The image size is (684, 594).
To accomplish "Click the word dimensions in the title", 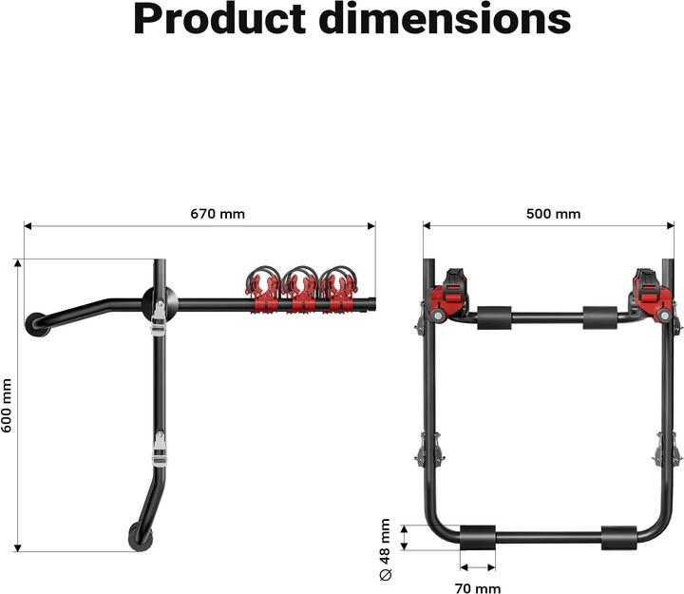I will (450, 19).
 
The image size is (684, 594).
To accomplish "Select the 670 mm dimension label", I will (218, 214).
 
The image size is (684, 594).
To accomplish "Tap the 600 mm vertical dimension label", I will (9, 406).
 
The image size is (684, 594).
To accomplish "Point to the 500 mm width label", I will (553, 214).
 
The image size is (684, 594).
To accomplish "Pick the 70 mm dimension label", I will (476, 588).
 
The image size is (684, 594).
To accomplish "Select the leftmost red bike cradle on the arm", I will (264, 290).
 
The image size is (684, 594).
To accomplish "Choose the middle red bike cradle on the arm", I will (302, 290).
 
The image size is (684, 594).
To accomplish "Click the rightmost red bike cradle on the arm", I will (338, 290).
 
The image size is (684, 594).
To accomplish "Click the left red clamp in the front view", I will (451, 294).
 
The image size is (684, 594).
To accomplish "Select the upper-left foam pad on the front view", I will (494, 316).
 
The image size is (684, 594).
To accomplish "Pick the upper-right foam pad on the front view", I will (600, 316).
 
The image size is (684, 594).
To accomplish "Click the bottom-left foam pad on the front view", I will (477, 536).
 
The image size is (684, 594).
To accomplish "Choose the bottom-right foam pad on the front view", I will (618, 536).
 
